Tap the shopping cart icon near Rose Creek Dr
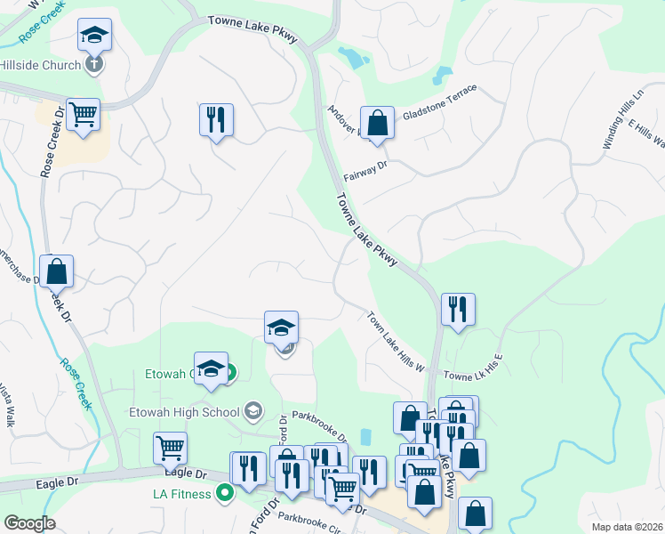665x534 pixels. (x=83, y=115)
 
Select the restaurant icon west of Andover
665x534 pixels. (x=215, y=119)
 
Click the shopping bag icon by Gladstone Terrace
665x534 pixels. (x=377, y=124)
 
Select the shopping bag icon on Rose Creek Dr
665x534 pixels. (x=56, y=271)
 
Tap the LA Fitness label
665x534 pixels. (x=180, y=493)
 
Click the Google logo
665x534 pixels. (x=29, y=522)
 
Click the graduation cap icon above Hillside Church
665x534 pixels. (x=94, y=36)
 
